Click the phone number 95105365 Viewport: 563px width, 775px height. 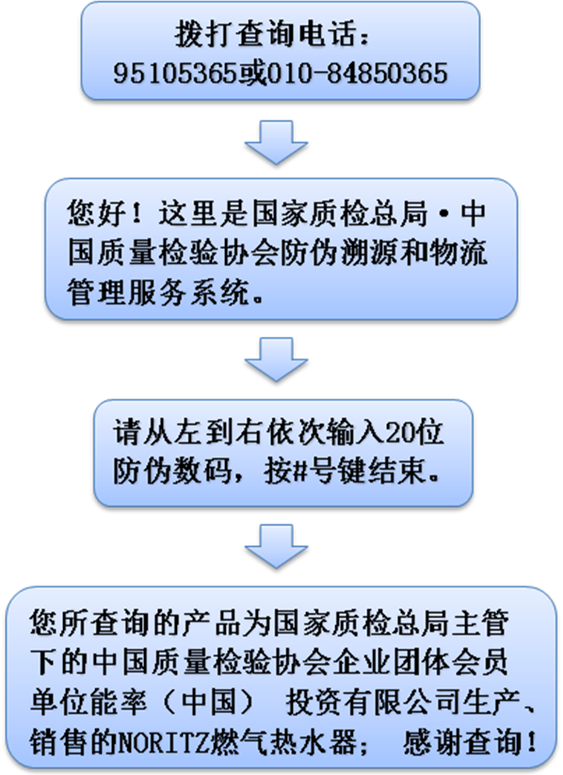[x=175, y=73]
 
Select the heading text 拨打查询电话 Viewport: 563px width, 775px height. [x=265, y=35]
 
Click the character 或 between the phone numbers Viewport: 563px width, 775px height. [x=252, y=73]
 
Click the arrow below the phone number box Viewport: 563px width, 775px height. [x=276, y=142]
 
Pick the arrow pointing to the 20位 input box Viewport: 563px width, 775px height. [x=276, y=360]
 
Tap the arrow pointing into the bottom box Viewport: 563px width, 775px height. [x=276, y=546]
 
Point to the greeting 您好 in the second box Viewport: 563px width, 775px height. [x=97, y=214]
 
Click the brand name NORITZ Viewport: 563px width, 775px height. [x=163, y=743]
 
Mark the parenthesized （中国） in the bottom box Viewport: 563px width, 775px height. [x=210, y=702]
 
